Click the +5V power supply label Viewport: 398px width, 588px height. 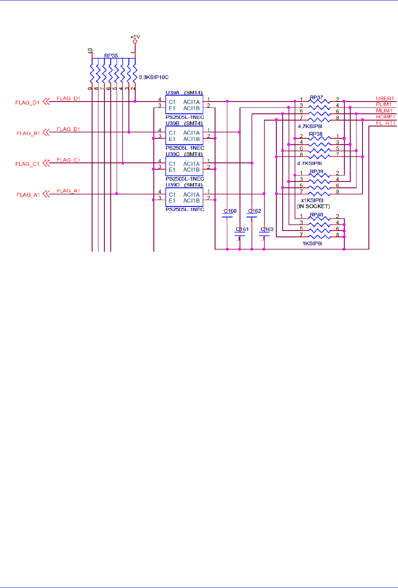(135, 37)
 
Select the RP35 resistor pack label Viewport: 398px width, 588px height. (111, 55)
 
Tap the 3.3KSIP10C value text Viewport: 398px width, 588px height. (153, 77)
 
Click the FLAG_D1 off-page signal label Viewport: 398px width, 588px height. (27, 102)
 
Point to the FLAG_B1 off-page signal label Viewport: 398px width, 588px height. (28, 133)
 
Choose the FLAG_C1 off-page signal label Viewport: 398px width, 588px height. (27, 164)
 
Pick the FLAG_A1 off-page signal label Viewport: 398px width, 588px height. (28, 195)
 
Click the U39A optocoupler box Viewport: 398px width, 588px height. (184, 105)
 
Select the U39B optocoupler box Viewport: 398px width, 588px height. (184, 136)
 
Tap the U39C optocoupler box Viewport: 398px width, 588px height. (184, 167)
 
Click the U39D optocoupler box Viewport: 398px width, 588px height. (184, 198)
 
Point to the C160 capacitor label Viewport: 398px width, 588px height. (230, 211)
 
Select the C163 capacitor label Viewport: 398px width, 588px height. (267, 229)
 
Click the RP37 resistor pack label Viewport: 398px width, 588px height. (316, 98)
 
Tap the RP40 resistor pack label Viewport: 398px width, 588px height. (316, 215)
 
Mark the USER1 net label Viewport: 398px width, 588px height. (385, 99)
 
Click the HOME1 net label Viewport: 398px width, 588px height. (385, 117)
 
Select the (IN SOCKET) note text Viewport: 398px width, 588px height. (313, 206)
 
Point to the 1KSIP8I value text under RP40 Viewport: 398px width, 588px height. (312, 244)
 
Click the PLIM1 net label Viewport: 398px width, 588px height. (384, 104)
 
